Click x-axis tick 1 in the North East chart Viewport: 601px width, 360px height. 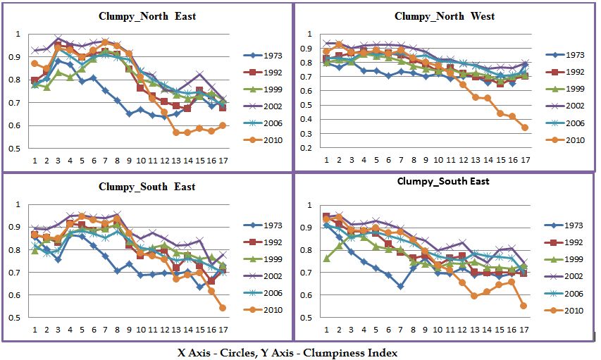(x=35, y=160)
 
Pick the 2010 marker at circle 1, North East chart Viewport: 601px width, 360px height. (x=35, y=63)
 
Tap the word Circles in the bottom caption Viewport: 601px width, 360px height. (x=251, y=350)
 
